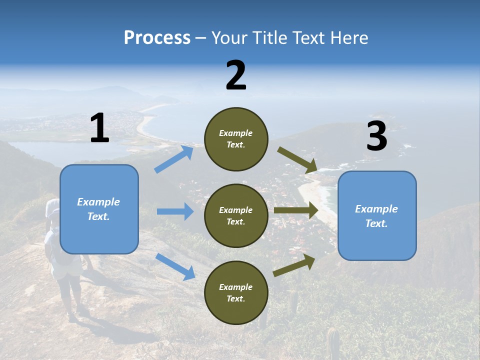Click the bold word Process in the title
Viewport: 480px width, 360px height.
coord(157,37)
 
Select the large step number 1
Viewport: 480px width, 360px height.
coord(99,128)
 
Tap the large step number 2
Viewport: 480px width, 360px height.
coord(236,75)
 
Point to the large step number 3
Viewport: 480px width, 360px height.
coord(376,136)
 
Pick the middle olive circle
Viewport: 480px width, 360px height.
coord(236,215)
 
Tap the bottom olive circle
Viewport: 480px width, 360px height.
coord(236,292)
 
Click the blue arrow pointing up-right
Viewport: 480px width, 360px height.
coord(174,159)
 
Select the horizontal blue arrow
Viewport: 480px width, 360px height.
coord(175,211)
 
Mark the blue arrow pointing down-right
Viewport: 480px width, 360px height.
coord(175,266)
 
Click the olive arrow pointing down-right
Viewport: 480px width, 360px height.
coord(297,159)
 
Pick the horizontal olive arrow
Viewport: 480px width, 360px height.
coord(296,210)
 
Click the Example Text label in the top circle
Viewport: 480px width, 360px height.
coord(236,139)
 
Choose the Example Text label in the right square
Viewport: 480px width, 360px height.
coord(376,216)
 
